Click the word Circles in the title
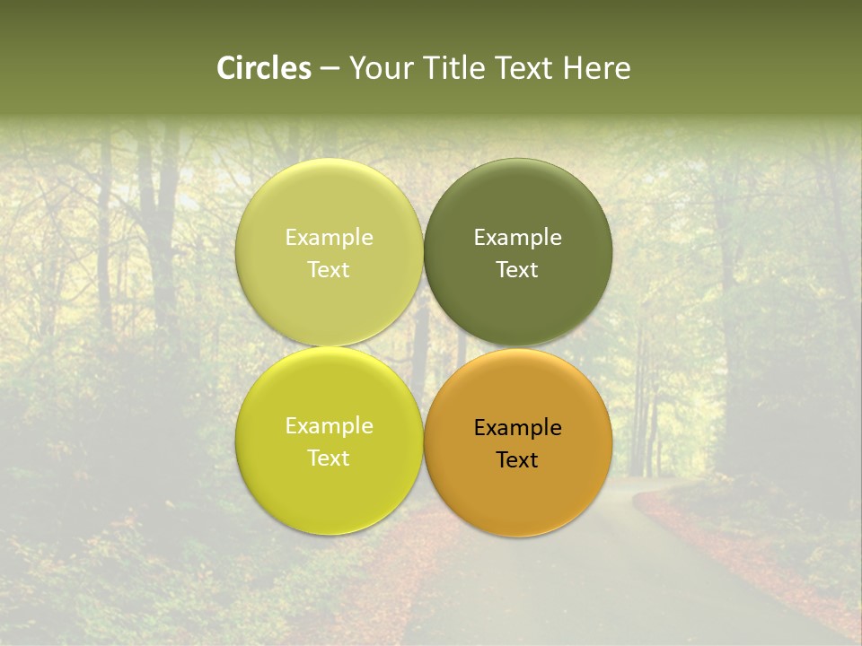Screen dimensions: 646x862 point(264,68)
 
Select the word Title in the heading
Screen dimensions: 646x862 point(456,68)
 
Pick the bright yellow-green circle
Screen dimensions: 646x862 point(329,493)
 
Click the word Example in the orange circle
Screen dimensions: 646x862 point(517,428)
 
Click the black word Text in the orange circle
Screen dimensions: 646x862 point(517,460)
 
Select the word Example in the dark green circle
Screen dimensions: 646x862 point(517,238)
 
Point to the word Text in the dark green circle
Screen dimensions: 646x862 point(517,270)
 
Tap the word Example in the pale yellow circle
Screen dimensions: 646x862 point(329,238)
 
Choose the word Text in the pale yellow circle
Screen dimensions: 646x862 point(329,270)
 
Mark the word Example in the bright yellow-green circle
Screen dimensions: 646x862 point(329,426)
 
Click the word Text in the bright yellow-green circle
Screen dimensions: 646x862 point(329,458)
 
